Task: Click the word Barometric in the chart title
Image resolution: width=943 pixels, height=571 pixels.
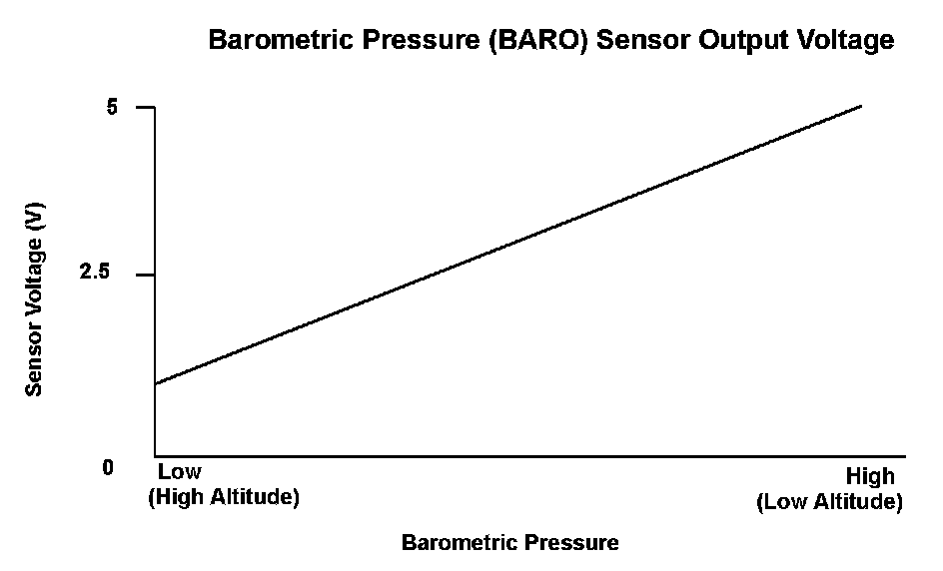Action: tap(279, 40)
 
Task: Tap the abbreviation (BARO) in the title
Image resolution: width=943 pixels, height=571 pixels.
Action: tap(537, 40)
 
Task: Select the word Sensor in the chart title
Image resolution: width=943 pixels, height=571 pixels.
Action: tap(642, 40)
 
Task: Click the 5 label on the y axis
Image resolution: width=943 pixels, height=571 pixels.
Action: tap(111, 107)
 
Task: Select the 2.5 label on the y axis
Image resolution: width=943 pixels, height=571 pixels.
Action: tap(95, 272)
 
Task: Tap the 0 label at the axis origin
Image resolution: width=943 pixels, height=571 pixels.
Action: tap(108, 467)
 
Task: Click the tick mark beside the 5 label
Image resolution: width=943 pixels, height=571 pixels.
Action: tap(146, 107)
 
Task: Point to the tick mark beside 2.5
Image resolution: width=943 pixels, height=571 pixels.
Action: tap(146, 275)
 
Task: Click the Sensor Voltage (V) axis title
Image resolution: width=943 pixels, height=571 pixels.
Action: tap(34, 299)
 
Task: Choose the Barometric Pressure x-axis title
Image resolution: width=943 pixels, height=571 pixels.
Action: tap(510, 542)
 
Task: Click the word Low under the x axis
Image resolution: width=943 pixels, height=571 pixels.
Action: tap(179, 472)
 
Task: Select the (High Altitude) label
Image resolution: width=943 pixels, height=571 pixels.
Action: tap(224, 497)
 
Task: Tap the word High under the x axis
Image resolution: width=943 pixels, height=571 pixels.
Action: tap(870, 476)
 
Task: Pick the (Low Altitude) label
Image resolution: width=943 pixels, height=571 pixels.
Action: tap(830, 501)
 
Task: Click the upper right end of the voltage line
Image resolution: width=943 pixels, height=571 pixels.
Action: tap(862, 106)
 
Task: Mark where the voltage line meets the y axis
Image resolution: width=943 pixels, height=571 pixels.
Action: tap(155, 384)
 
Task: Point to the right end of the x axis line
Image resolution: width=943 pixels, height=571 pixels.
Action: tap(905, 456)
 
